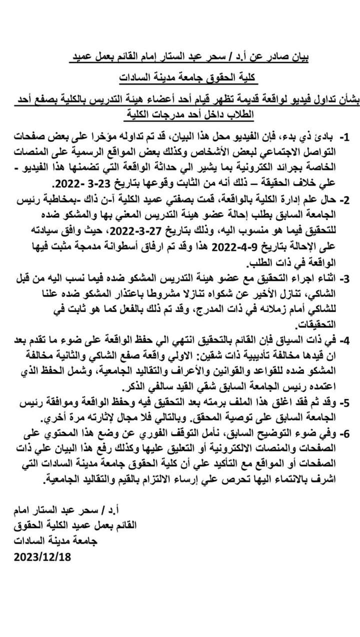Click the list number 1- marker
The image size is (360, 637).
coord(345,136)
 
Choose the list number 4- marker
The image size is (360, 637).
coord(345,340)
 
